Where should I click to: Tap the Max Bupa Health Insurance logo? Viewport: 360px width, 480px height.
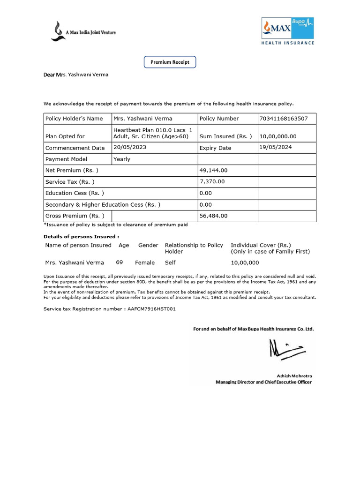288,31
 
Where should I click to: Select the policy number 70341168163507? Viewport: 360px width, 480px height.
283,119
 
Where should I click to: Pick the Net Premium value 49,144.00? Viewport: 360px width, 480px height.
213,171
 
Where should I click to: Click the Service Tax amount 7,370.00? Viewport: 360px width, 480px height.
212,182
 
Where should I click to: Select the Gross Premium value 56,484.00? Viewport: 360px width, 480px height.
213,216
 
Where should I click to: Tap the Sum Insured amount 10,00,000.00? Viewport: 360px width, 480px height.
278,136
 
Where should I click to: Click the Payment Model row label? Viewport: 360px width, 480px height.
66,159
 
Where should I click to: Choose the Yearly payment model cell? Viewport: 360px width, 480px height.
122,159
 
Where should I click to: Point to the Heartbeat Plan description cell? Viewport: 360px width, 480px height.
153,133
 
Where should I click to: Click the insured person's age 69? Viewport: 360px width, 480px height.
120,262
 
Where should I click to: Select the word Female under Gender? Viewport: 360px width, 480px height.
145,263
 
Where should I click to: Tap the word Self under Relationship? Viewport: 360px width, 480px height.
170,263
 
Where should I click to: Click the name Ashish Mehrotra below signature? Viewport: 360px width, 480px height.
294,376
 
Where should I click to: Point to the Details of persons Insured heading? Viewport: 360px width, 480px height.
81,237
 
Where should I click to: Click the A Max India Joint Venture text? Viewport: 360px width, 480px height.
90,32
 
